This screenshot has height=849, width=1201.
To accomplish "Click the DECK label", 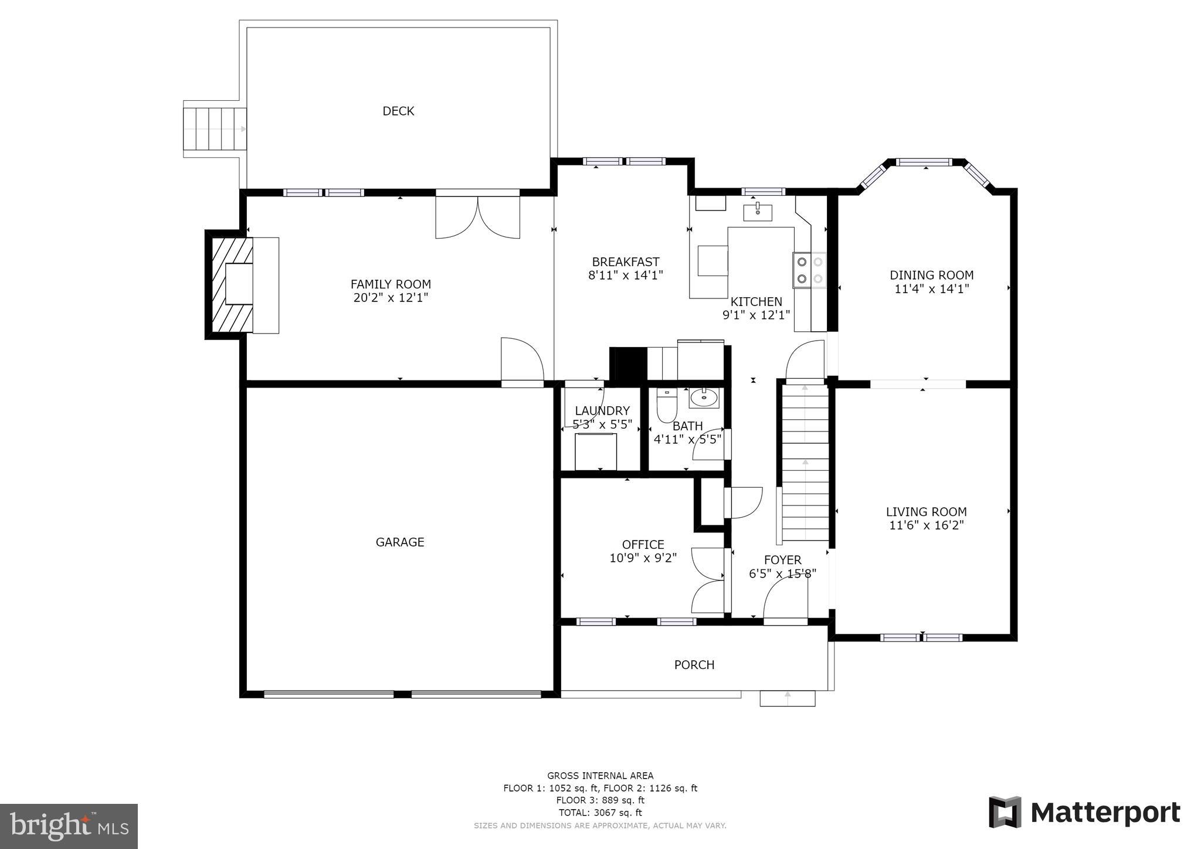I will click(398, 111).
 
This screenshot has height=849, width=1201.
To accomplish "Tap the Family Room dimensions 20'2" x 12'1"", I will click(391, 298).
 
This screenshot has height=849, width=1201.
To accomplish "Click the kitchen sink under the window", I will click(758, 212).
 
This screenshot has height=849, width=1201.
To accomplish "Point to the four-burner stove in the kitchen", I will click(809, 270).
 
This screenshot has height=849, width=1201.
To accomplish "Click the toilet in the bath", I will click(667, 405).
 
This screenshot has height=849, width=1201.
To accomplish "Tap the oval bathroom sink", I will click(703, 399).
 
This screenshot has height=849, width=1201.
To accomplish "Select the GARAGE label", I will click(400, 542).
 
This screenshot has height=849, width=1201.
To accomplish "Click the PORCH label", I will click(694, 665).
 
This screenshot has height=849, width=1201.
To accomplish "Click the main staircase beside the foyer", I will click(805, 463).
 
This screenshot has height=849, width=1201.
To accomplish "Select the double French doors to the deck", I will click(478, 216).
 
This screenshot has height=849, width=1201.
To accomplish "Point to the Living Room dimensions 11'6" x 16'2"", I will click(927, 525).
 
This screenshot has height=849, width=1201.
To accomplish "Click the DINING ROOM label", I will click(931, 275).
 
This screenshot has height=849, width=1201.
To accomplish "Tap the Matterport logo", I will click(1084, 813).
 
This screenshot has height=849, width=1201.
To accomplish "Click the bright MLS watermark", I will click(69, 826).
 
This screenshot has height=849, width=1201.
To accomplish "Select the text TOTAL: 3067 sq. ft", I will click(600, 813).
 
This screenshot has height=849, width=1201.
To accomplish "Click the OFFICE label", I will click(643, 545).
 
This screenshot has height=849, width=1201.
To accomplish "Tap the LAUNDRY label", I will click(602, 411).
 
